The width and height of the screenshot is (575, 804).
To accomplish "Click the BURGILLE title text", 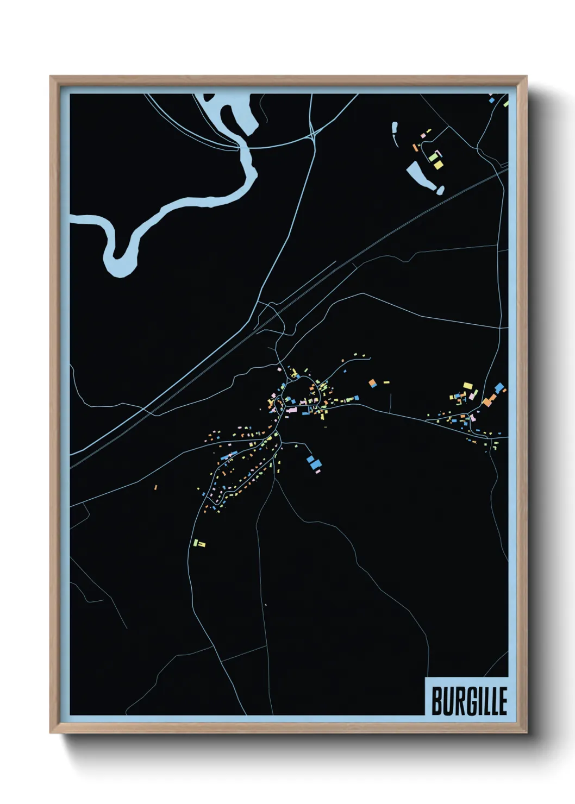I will point(469,701).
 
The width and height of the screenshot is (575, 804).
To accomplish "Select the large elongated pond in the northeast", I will point(420,175).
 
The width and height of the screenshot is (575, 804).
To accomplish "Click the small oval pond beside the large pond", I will point(440,190).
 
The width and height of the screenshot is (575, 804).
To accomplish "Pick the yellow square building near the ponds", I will point(437,164).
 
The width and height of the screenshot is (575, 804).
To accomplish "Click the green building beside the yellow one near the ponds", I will point(433,157).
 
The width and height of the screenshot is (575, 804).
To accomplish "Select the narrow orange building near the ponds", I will point(415,147).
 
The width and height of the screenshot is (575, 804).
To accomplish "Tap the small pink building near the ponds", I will point(423,135).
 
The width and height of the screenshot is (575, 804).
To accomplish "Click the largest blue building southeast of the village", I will point(316,464).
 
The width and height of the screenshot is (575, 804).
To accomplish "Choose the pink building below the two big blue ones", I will point(318,472).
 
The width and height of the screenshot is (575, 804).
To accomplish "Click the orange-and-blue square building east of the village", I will point(373,383).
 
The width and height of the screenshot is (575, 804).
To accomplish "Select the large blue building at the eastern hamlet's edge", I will point(499,388).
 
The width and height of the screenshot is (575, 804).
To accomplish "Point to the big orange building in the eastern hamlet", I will point(488,401).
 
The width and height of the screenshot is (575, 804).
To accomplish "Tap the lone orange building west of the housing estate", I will point(155,487).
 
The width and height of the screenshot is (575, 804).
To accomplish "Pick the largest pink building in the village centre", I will point(291,410).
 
